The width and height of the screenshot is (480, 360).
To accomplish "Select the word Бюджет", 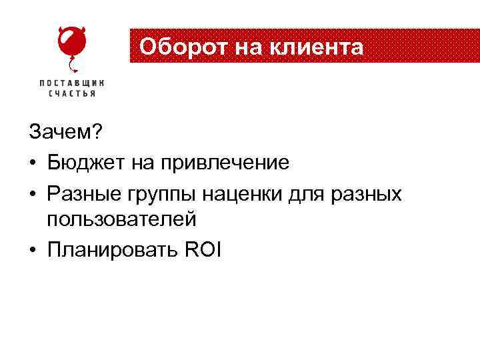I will pos(83,162).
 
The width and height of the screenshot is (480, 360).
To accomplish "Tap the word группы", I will pos(157,194).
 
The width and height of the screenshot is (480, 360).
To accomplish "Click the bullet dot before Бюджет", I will pos(33,163).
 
